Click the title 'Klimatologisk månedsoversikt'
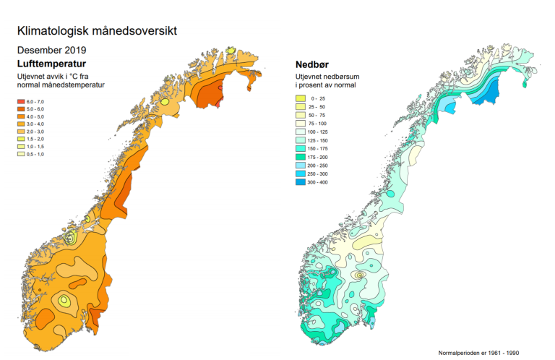96,31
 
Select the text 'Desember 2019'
51,51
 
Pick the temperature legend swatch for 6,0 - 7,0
21,101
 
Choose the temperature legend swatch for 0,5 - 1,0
21,153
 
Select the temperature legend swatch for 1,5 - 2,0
21,139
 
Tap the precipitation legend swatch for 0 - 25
301,98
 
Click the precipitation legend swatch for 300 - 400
301,182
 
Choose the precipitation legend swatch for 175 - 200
301,157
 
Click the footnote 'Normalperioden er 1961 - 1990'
478,353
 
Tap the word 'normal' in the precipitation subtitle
343,85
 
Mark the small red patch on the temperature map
219,103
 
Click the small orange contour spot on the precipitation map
359,275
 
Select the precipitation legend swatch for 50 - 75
301,115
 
